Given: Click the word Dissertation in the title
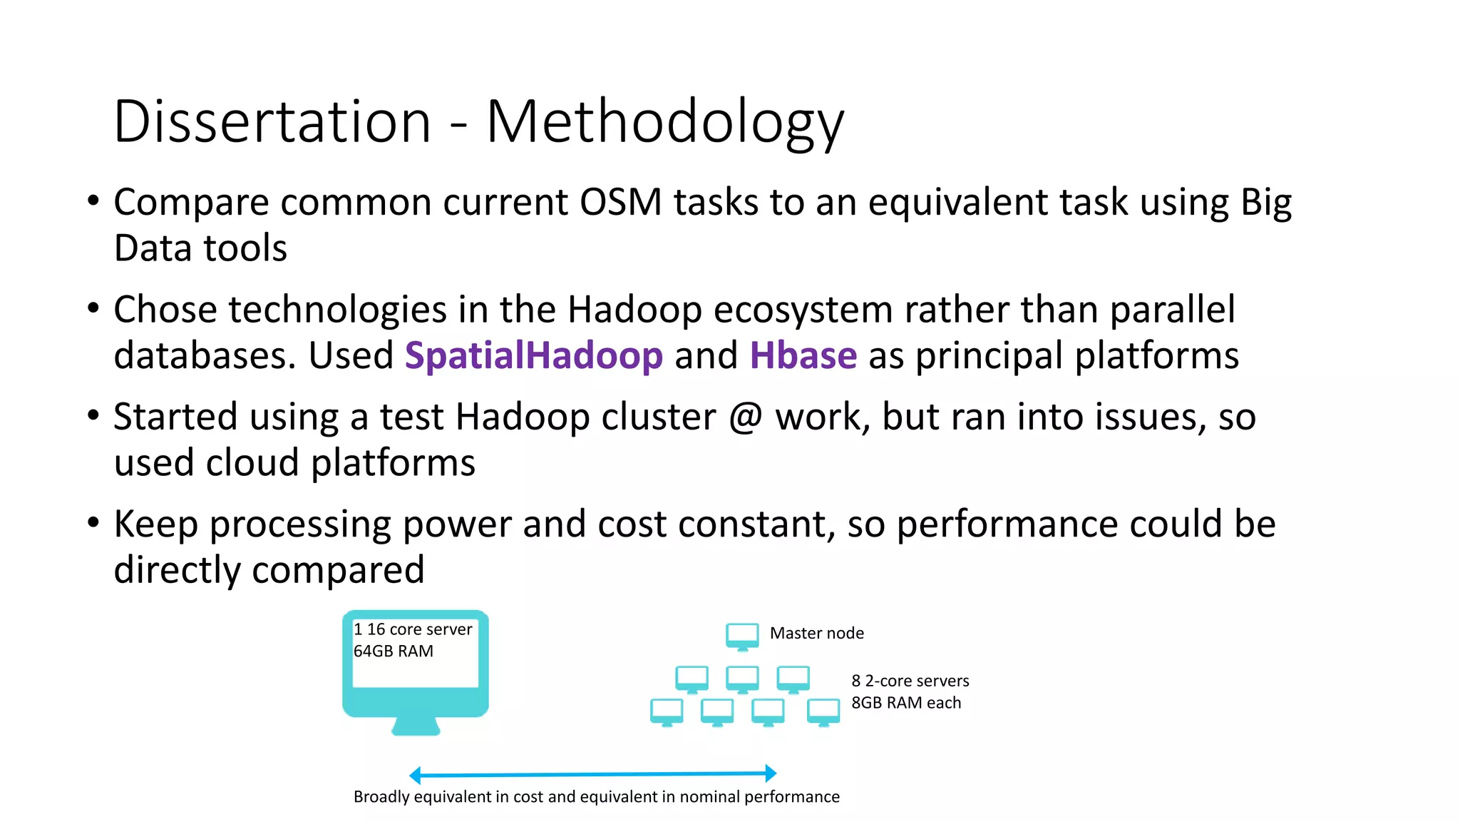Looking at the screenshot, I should [272, 121].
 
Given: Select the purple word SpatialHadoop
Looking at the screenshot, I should [533, 355].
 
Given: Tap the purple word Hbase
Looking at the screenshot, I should [803, 355].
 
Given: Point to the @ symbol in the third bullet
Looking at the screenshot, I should [746, 417].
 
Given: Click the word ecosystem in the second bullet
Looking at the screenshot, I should [803, 310].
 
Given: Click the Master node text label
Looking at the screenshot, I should [816, 633].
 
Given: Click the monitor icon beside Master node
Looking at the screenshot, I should [742, 635].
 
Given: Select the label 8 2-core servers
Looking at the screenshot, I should [910, 681].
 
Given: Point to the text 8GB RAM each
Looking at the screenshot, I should [905, 703].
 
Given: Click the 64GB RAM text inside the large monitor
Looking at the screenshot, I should [393, 651].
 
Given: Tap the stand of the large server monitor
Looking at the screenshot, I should [416, 726].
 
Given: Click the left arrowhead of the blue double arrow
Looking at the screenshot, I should [415, 775].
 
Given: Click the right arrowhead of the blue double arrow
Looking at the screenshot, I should [771, 773].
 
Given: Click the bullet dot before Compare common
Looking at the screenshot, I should [93, 201].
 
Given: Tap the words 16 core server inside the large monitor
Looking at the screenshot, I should [419, 629].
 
